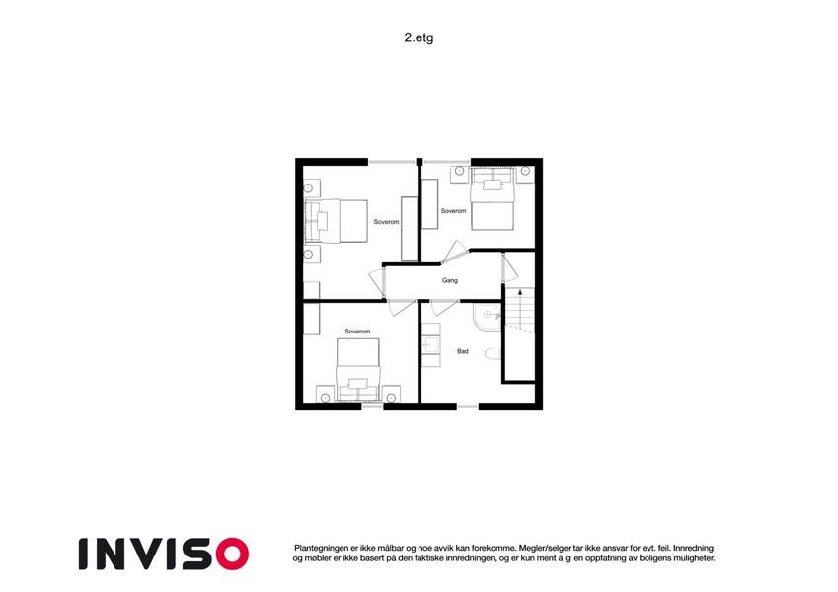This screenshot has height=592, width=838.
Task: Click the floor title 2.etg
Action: pyautogui.click(x=419, y=37)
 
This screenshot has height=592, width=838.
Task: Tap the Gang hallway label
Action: pyautogui.click(x=449, y=280)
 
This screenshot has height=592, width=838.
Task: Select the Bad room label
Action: pyautogui.click(x=462, y=351)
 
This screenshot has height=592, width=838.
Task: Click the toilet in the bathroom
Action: pyautogui.click(x=493, y=353)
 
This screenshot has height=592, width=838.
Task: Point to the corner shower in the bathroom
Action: pyautogui.click(x=488, y=317)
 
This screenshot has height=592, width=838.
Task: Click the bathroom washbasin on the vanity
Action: pyautogui.click(x=430, y=345)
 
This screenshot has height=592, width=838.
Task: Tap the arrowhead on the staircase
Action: pyautogui.click(x=520, y=292)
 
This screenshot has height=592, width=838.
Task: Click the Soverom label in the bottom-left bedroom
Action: pyautogui.click(x=357, y=332)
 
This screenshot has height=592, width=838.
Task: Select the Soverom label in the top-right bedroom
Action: pyautogui.click(x=453, y=211)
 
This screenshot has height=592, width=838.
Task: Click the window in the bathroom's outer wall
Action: pyautogui.click(x=468, y=407)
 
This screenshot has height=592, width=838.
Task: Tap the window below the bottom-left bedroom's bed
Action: pyautogui.click(x=372, y=407)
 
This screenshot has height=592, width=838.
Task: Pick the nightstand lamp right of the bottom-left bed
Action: pyautogui.click(x=391, y=398)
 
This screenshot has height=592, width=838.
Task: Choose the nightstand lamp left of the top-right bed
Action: pyautogui.click(x=459, y=171)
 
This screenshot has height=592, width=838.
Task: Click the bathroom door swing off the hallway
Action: pyautogui.click(x=444, y=307)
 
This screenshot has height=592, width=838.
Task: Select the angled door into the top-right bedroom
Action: pyautogui.click(x=454, y=253)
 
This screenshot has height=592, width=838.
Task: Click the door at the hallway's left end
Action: pyautogui.click(x=377, y=282)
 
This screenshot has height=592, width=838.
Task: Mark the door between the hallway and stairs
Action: pyautogui.click(x=509, y=267)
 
